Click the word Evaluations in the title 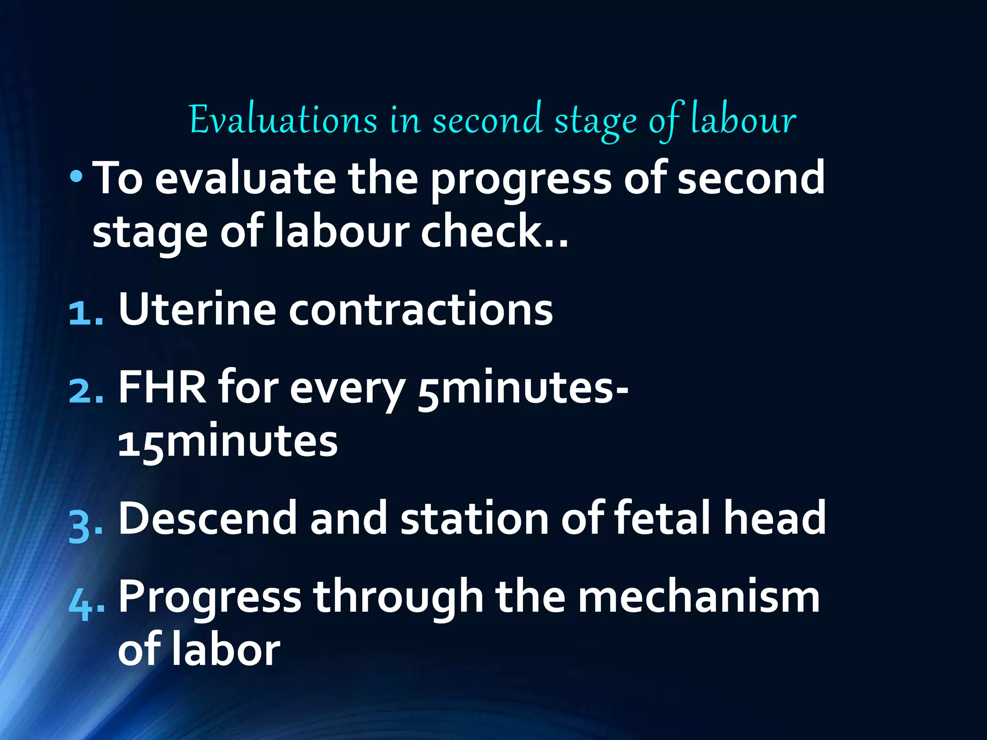pyautogui.click(x=283, y=119)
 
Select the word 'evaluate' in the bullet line pyautogui.click(x=245, y=179)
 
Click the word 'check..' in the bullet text pyautogui.click(x=494, y=232)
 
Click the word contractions pyautogui.click(x=421, y=310)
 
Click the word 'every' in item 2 pyautogui.click(x=347, y=389)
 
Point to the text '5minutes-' pyautogui.click(x=523, y=388)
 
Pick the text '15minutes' pyautogui.click(x=228, y=441)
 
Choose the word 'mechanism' pyautogui.click(x=699, y=597)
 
